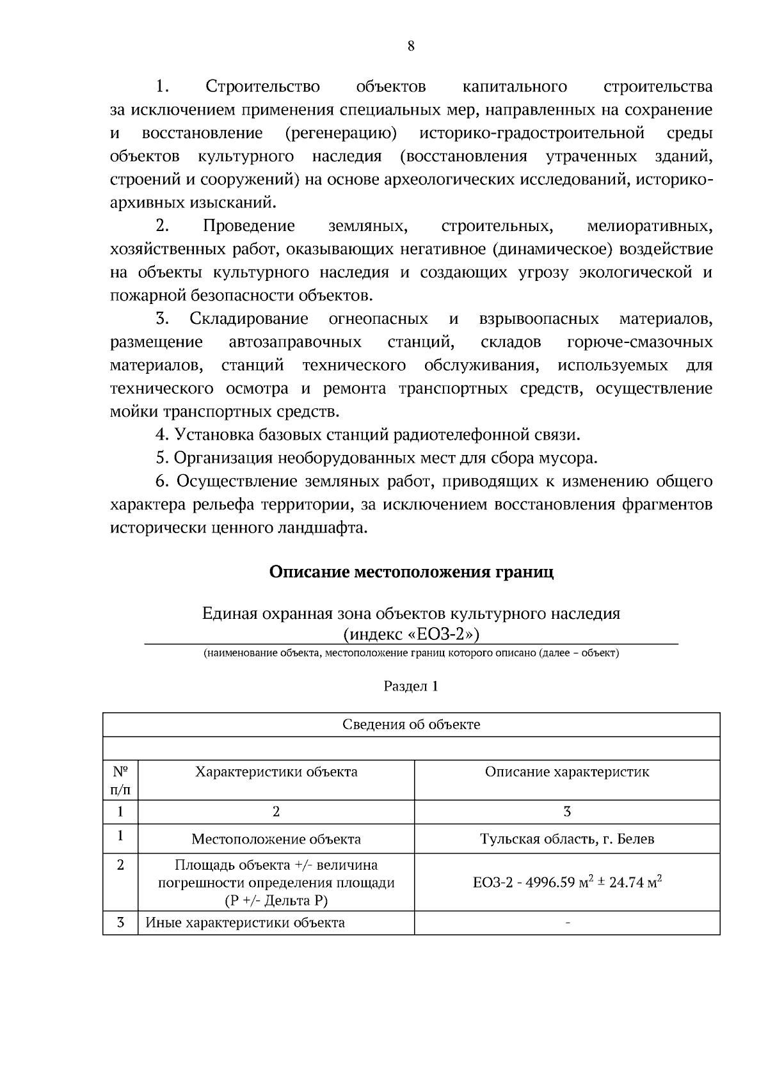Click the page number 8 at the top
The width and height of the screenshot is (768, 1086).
click(410, 46)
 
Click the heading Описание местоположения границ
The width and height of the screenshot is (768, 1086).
click(411, 571)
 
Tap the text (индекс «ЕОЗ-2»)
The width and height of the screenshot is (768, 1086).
click(411, 634)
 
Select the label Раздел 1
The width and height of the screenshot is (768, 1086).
click(411, 686)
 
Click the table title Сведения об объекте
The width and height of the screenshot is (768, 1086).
click(411, 724)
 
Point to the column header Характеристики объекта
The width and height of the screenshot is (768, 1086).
click(276, 772)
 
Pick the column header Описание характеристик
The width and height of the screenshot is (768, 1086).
click(567, 772)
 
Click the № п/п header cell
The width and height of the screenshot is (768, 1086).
click(120, 779)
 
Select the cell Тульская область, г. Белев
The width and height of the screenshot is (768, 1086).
click(567, 839)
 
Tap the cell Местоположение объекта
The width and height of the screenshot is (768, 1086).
click(276, 839)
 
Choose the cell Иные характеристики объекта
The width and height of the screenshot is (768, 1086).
click(245, 923)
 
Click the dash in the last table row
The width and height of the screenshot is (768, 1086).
click(567, 923)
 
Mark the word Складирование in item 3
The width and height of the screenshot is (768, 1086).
click(248, 319)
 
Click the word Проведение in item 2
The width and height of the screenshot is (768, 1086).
click(248, 226)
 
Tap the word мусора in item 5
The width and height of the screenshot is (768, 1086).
click(573, 458)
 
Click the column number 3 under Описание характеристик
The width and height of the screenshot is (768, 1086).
click(567, 811)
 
